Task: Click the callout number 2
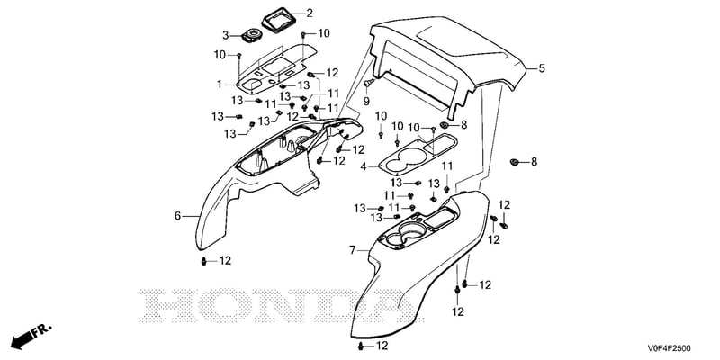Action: click(310, 13)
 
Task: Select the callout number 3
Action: click(226, 35)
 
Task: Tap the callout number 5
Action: click(542, 69)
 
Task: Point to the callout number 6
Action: click(177, 216)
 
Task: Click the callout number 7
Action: click(352, 250)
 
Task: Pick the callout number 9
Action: click(366, 100)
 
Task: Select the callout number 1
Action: click(220, 85)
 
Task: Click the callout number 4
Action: click(364, 167)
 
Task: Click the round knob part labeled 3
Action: click(252, 36)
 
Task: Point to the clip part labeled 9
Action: click(368, 83)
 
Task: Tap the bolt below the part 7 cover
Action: click(361, 346)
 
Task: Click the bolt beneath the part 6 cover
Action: click(204, 261)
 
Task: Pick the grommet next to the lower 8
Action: click(515, 162)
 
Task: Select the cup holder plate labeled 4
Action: click(418, 154)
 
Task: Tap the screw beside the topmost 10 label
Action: click(303, 35)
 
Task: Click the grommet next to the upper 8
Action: click(445, 125)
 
